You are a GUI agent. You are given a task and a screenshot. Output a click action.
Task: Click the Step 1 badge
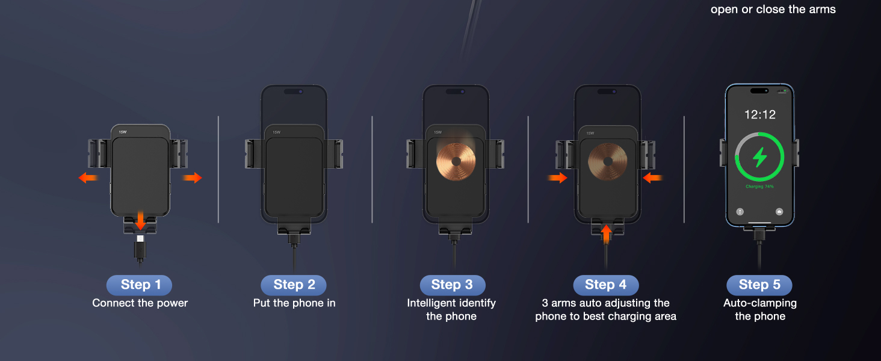point(139,285)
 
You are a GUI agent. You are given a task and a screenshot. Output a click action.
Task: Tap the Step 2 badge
point(294,285)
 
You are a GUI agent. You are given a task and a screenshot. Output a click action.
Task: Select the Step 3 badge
point(452,285)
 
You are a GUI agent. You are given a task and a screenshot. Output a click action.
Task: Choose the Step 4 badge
point(605,285)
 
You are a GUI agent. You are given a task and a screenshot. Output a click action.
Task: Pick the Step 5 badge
point(759,285)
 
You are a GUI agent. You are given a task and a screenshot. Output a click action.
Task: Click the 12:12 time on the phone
point(759,114)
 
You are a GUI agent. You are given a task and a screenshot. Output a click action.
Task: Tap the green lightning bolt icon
point(760,157)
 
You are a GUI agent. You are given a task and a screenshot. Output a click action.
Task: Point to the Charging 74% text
point(759,187)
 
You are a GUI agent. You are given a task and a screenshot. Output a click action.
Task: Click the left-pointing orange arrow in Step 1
point(88,177)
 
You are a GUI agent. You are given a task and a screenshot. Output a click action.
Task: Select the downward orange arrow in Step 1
point(140,220)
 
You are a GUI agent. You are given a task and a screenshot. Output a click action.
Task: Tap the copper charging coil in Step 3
point(456,161)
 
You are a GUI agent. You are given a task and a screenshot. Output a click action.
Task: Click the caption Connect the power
point(140,303)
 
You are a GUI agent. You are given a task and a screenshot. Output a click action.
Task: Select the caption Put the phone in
point(294,303)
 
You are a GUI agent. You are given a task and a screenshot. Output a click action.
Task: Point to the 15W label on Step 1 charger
point(123,132)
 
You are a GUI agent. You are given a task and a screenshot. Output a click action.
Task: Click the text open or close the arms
point(773,9)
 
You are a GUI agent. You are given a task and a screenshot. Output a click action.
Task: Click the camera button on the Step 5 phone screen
point(779,212)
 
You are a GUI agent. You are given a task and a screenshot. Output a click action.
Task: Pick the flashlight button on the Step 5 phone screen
point(740,212)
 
